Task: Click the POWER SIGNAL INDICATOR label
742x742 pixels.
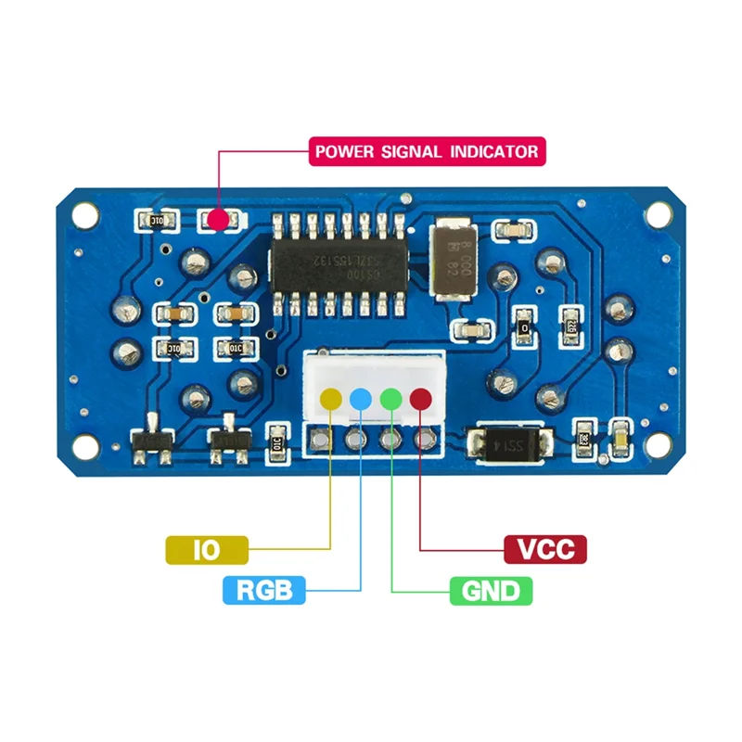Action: (x=426, y=151)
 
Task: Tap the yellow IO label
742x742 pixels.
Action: (x=206, y=550)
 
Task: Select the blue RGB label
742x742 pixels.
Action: (x=264, y=589)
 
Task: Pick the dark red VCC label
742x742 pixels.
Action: (x=545, y=549)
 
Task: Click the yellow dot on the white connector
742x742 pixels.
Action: (x=330, y=399)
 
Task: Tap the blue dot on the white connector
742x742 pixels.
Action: (x=360, y=399)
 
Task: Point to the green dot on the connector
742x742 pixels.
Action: (x=390, y=399)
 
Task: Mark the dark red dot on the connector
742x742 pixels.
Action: (x=421, y=399)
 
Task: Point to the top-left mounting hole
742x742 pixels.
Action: (x=86, y=212)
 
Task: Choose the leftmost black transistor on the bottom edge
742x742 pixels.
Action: (x=152, y=444)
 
